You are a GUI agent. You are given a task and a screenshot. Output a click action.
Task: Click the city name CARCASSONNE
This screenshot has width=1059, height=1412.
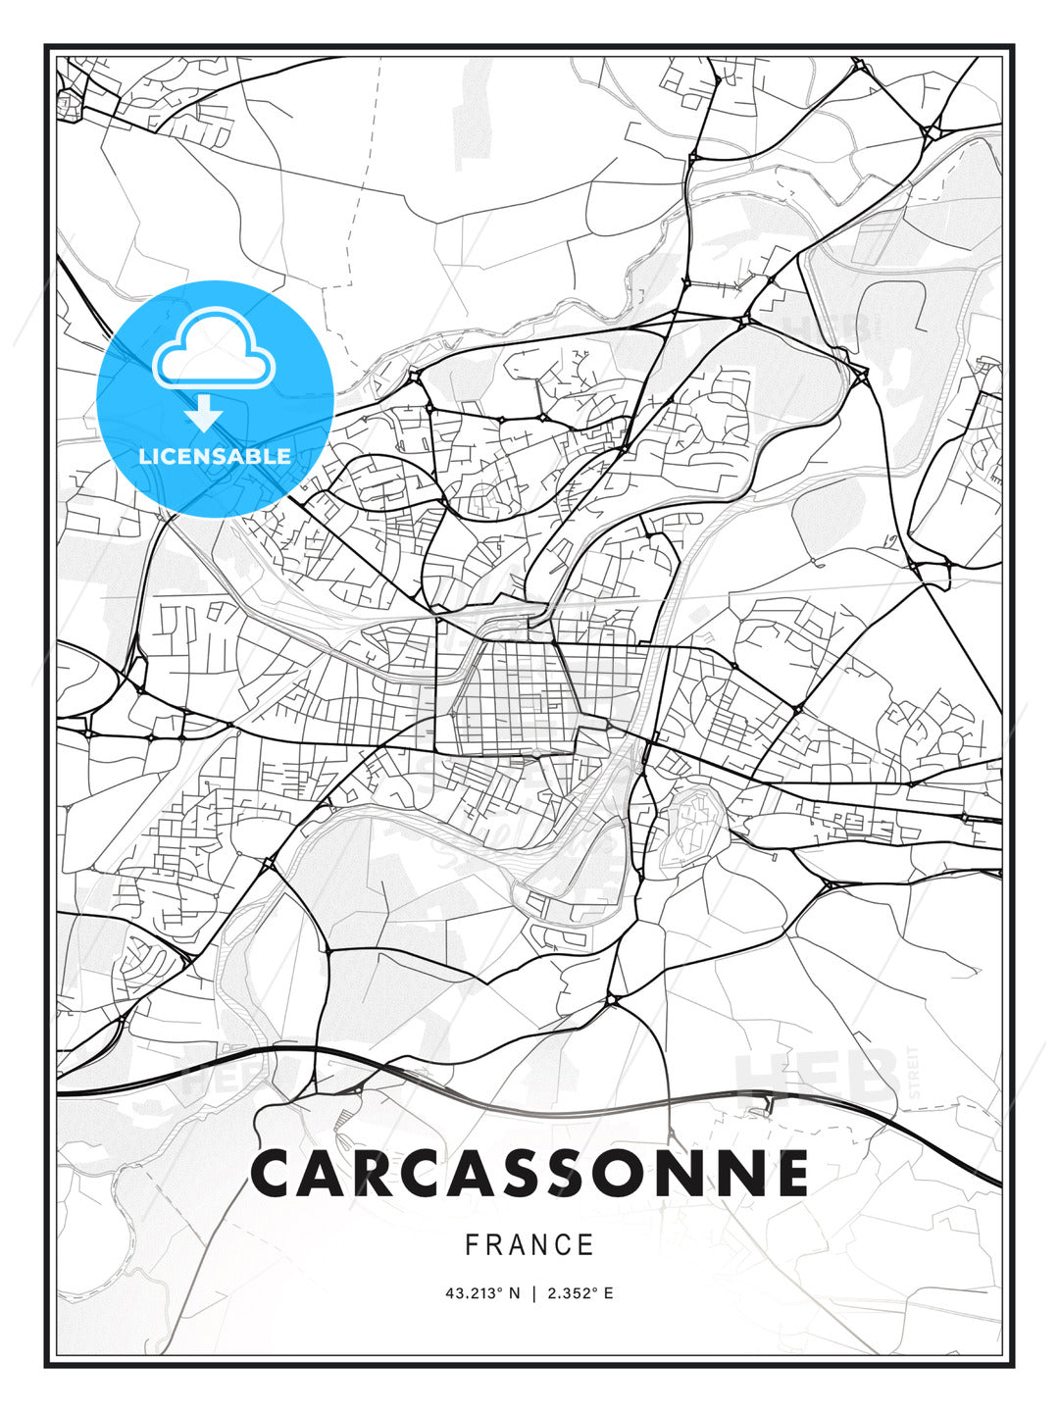tap(529, 1174)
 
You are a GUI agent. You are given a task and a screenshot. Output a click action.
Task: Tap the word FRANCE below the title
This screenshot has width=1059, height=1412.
tap(529, 1245)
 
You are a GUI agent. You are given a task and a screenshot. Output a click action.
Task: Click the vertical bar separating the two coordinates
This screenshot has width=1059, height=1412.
tap(533, 1293)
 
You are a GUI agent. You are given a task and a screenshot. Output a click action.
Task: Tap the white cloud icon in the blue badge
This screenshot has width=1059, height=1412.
tap(215, 349)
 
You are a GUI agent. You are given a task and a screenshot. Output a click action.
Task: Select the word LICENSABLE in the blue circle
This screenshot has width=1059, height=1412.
tap(215, 456)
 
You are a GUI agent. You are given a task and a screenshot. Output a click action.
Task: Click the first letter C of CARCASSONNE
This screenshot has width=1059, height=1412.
tap(277, 1174)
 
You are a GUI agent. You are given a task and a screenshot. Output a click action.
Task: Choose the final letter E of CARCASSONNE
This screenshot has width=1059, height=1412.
tap(790, 1174)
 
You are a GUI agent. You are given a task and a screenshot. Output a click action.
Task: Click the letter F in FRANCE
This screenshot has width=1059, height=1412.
tap(472, 1245)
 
